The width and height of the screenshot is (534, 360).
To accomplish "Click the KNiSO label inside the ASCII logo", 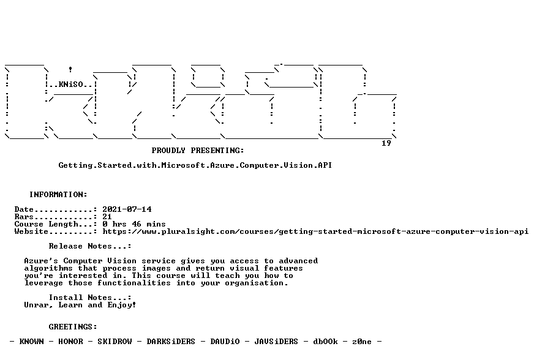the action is [x=71, y=84].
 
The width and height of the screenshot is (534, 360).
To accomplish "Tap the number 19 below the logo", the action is [x=386, y=143].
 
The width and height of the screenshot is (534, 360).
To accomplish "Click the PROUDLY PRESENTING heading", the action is [x=198, y=150].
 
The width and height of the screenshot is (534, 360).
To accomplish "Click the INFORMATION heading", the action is [x=58, y=195].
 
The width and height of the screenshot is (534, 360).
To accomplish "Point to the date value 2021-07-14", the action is [x=127, y=209].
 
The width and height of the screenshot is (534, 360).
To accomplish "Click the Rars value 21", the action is [x=107, y=217].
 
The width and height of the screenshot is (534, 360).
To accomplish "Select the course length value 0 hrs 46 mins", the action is [x=134, y=224].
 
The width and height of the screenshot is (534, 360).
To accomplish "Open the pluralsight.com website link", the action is [x=315, y=231].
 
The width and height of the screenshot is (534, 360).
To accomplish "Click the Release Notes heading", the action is [x=90, y=246].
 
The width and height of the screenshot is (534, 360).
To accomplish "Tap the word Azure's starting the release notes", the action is [x=41, y=261].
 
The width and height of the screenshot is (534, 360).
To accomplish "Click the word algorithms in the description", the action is [x=48, y=268].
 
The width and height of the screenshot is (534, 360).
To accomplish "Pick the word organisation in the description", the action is [x=256, y=283].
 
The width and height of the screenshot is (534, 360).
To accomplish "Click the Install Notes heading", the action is [x=90, y=298].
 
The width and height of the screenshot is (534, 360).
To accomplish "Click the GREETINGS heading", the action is [x=73, y=327].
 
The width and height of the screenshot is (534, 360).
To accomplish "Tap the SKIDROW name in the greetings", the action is [x=115, y=342].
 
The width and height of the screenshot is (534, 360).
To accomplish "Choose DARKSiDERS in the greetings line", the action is [x=171, y=342].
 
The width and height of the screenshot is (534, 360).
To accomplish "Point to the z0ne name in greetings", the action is [x=362, y=342].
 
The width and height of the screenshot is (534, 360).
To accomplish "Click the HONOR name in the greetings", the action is [x=70, y=342].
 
